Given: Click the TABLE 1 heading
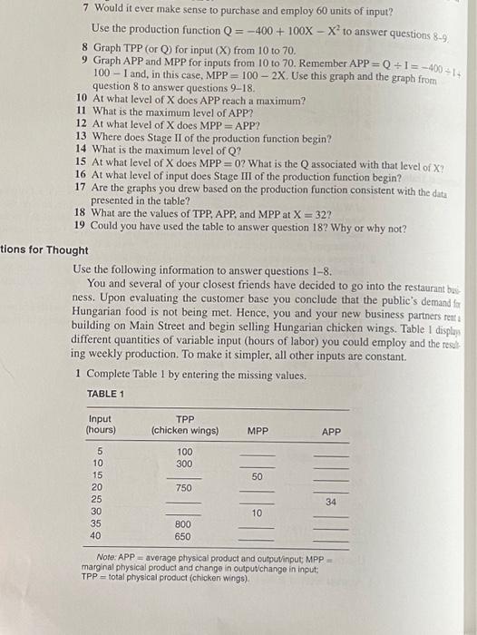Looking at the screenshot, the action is point(105,394).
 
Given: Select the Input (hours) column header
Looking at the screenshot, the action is point(100,424).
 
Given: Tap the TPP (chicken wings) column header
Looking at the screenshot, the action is point(185,424).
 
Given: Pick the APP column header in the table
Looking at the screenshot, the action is point(332,430).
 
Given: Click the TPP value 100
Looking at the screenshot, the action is point(185,451).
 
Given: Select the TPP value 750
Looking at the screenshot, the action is point(184,487).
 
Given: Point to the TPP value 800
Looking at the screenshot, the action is point(183,524).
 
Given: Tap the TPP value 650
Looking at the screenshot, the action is point(183,536).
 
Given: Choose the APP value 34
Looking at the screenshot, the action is point(331,501).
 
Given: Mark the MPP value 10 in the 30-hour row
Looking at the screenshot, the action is point(257,513).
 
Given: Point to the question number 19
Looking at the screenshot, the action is point(80,226).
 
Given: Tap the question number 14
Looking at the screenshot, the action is point(81,149).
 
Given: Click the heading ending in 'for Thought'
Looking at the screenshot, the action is point(45,250).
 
